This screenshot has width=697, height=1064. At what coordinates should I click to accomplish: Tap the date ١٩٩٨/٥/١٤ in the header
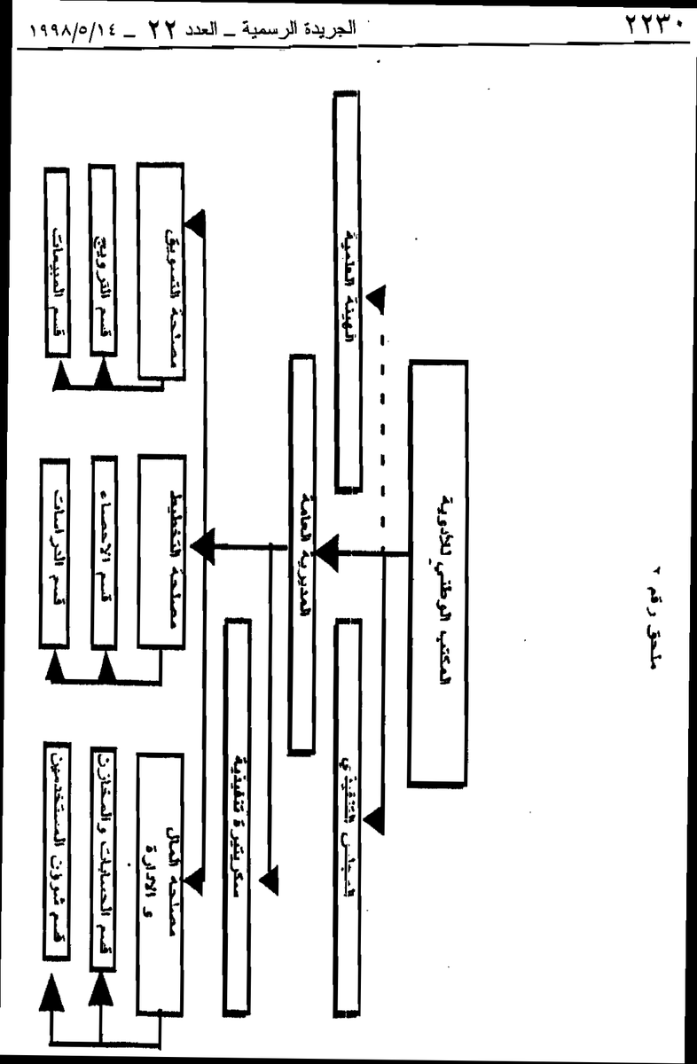pos(66,28)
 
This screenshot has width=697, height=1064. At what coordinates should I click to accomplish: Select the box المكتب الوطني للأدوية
pos(437,573)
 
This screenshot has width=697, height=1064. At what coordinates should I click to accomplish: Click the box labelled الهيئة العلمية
pos(347,288)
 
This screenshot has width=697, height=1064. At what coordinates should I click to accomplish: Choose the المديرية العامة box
pos(302,554)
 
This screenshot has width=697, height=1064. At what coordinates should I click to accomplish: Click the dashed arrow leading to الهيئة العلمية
pos(381,417)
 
